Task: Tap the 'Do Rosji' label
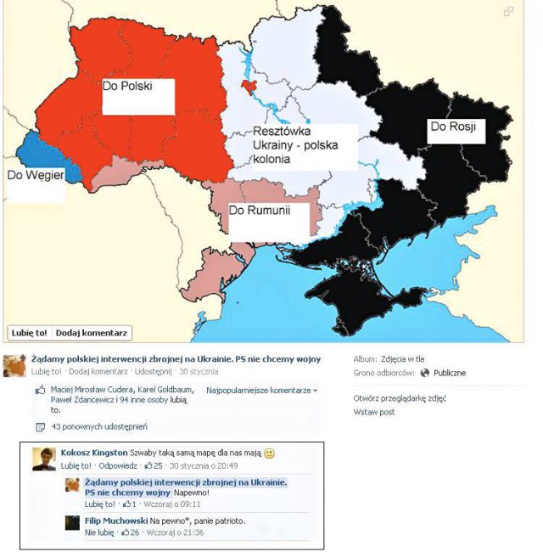coord(451,127)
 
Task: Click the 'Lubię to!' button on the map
coord(28,332)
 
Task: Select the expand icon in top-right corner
coord(508,11)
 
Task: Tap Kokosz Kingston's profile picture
coord(44,459)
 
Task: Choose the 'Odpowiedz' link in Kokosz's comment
coord(117,465)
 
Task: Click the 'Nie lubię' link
coord(99,532)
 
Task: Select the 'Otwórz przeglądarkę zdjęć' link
coord(399,398)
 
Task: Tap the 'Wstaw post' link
coord(373,412)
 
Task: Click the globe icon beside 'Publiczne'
coord(424,373)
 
